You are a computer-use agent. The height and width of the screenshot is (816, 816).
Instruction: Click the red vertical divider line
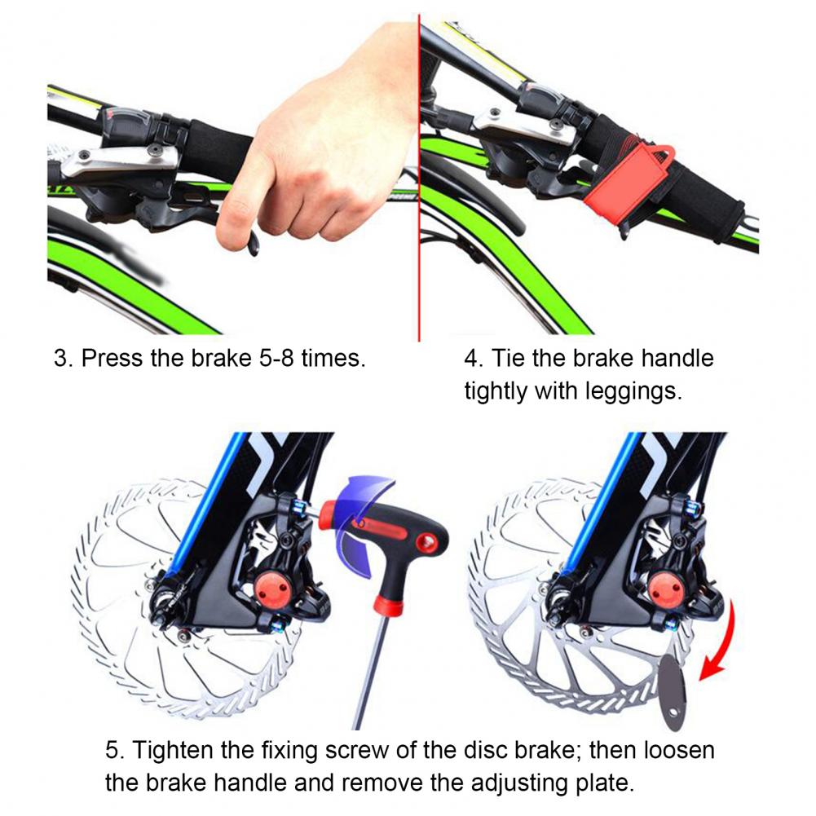pyautogui.click(x=419, y=177)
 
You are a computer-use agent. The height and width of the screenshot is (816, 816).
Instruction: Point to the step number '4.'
pyautogui.click(x=474, y=358)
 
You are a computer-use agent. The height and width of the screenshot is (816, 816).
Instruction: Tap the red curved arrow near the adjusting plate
pyautogui.click(x=721, y=642)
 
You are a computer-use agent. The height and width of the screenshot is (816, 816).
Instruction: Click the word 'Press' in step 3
pyautogui.click(x=112, y=358)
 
